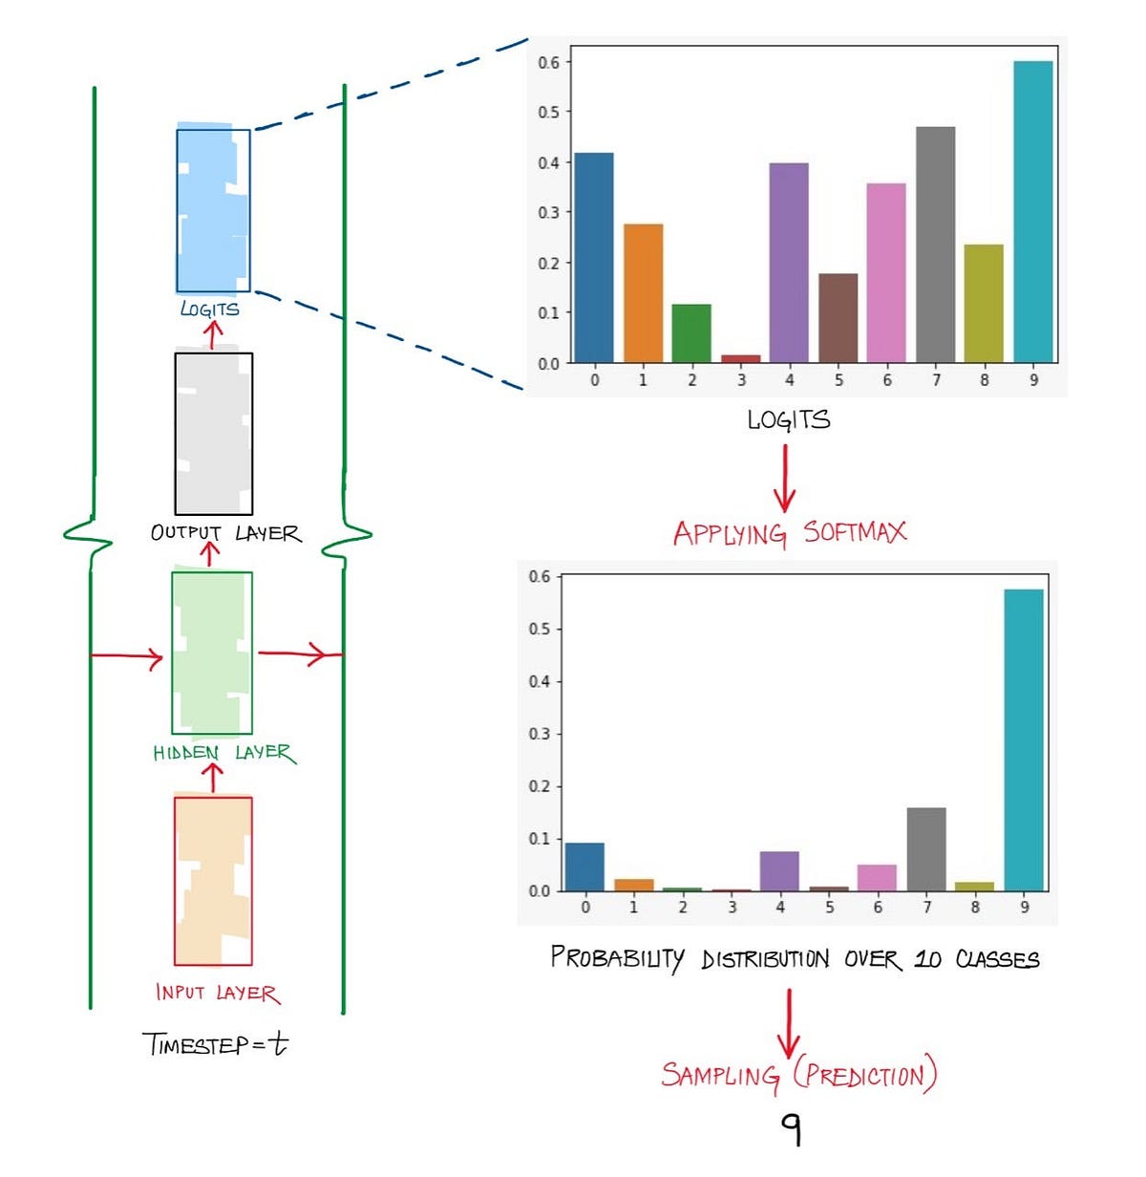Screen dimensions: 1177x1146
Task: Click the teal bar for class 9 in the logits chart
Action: (x=1032, y=211)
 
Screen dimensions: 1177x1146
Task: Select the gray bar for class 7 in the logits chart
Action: (x=935, y=245)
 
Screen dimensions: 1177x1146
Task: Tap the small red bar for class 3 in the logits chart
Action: (x=740, y=358)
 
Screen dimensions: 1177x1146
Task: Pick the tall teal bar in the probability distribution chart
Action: (x=1023, y=739)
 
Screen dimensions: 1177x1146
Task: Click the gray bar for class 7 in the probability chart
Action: (x=925, y=849)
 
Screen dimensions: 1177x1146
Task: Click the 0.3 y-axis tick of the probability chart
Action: (x=540, y=734)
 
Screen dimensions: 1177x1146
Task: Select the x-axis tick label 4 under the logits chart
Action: (x=789, y=380)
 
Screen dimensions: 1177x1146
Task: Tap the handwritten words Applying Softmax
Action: (x=789, y=533)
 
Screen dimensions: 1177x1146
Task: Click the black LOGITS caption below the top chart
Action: (x=789, y=419)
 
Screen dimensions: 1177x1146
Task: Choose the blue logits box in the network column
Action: (x=213, y=210)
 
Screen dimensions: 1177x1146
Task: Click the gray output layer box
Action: (x=214, y=434)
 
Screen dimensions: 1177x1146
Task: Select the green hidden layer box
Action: (x=212, y=653)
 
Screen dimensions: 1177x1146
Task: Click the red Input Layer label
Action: (x=218, y=993)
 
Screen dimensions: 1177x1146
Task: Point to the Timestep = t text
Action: (x=215, y=1043)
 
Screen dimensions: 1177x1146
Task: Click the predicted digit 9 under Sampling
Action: (x=791, y=1129)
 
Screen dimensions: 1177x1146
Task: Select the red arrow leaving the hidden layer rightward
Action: (x=298, y=654)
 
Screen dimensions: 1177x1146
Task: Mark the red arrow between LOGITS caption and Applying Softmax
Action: (x=785, y=478)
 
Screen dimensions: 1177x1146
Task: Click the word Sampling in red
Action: (x=721, y=1076)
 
